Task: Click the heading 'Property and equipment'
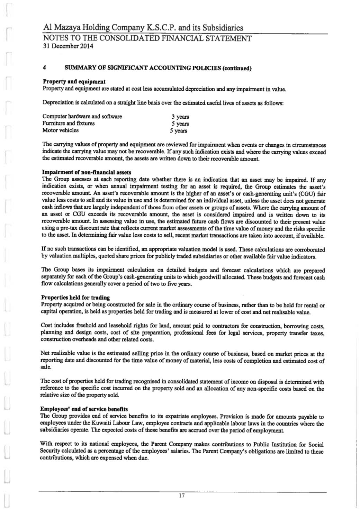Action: pyautogui.click(x=74, y=82)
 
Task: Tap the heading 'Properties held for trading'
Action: pyautogui.click(x=75, y=297)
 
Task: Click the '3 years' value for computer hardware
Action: pyautogui.click(x=180, y=117)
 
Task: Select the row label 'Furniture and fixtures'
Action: pyautogui.click(x=69, y=124)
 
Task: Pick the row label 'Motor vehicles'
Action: pyautogui.click(x=60, y=130)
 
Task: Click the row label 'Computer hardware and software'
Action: pyautogui.click(x=82, y=117)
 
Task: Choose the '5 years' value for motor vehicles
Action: pyautogui.click(x=179, y=131)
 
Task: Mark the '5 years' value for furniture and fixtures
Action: pyautogui.click(x=180, y=124)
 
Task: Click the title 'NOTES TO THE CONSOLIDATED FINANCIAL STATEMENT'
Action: pyautogui.click(x=147, y=38)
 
